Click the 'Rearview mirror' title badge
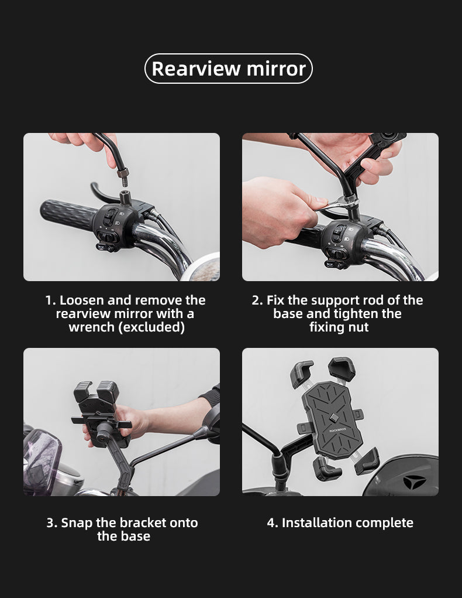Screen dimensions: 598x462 pyautogui.click(x=229, y=69)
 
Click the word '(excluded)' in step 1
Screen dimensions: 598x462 pyautogui.click(x=151, y=327)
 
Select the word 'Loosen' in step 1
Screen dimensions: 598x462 pyautogui.click(x=82, y=300)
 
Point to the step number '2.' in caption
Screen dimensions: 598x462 pyautogui.click(x=257, y=300)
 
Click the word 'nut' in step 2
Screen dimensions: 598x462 pyautogui.click(x=358, y=327)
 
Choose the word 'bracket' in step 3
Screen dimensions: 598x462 pyautogui.click(x=143, y=522)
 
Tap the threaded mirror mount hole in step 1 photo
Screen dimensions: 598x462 pyautogui.click(x=125, y=193)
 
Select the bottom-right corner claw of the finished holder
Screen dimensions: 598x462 pyautogui.click(x=366, y=461)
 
